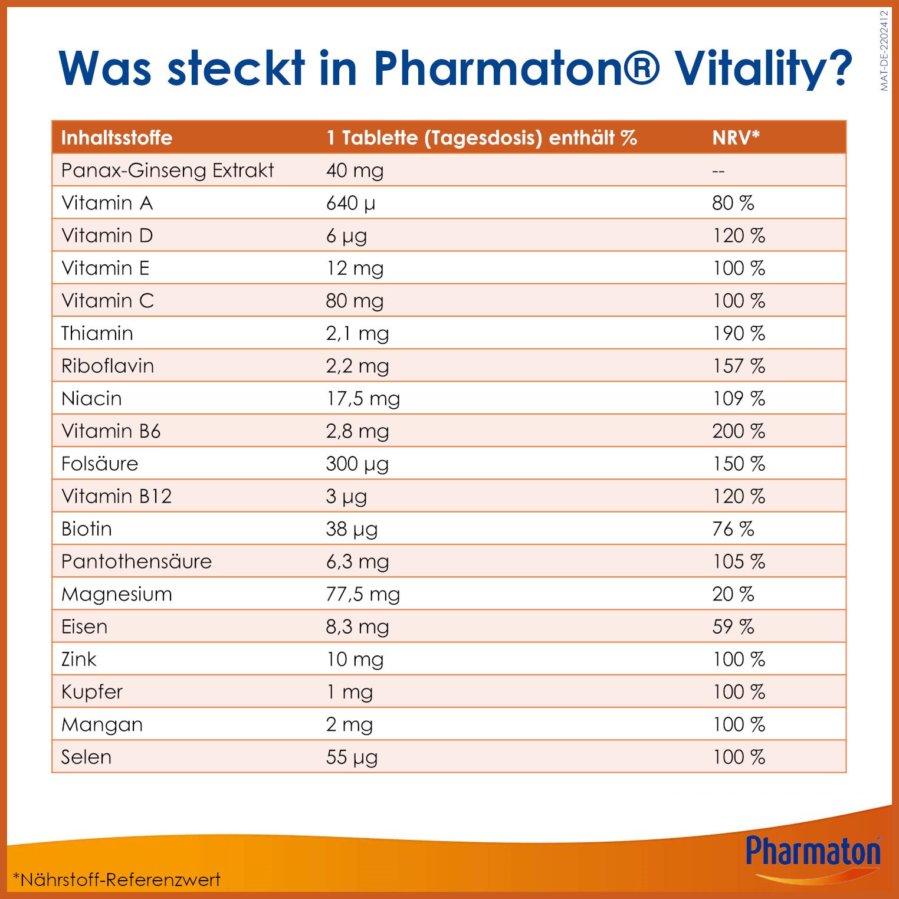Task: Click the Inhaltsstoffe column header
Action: (117, 138)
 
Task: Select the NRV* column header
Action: (736, 138)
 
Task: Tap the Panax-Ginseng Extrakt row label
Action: (168, 170)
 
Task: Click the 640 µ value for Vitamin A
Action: (350, 204)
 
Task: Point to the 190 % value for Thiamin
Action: (739, 333)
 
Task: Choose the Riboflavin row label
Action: (107, 366)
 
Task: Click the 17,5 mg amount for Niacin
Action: (363, 399)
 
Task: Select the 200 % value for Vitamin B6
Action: (739, 431)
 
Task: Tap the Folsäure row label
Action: (100, 464)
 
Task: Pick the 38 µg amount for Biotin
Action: (352, 529)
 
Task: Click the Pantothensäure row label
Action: (136, 562)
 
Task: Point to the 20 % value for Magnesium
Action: (733, 594)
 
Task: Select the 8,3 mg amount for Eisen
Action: (357, 626)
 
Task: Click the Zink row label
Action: (78, 660)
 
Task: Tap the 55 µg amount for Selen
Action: (352, 757)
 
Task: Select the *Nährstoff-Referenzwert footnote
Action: (117, 880)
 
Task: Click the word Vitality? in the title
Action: (763, 68)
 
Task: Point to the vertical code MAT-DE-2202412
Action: (884, 51)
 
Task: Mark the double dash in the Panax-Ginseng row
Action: (718, 172)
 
